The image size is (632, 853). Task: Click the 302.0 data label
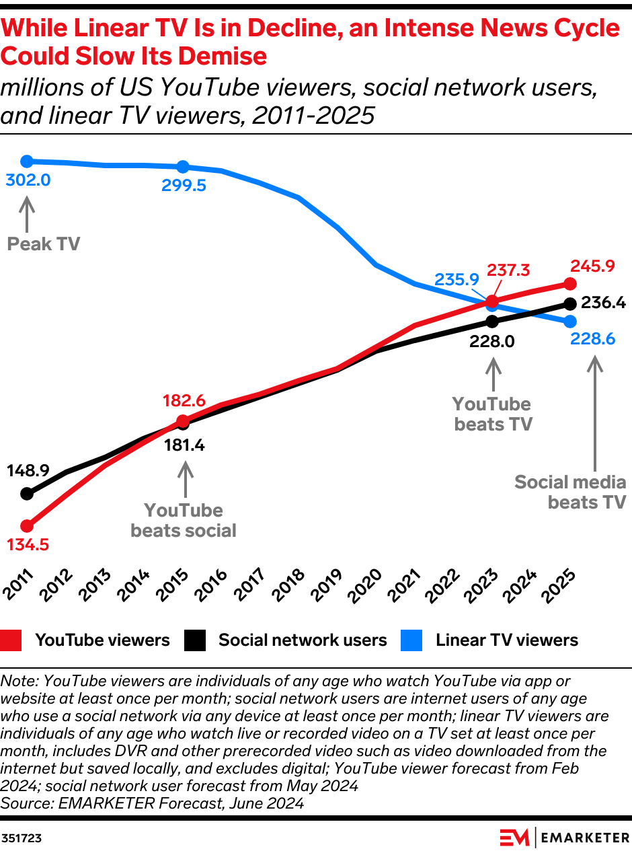[x=28, y=180]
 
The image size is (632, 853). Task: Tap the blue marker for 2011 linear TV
[x=27, y=161]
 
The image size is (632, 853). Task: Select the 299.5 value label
[x=184, y=186]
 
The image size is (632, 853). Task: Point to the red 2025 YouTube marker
[x=569, y=283]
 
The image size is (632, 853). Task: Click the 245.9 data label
[x=592, y=266]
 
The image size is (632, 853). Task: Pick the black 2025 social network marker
[x=569, y=303]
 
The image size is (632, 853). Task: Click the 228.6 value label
[x=592, y=339]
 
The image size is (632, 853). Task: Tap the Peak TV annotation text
[x=43, y=244]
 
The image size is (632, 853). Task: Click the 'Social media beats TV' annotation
[x=571, y=492]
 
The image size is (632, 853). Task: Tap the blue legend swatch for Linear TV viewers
[x=411, y=640]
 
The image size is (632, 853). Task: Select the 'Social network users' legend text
[x=303, y=640]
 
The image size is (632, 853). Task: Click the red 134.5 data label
[x=28, y=544]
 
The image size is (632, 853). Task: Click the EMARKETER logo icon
[x=514, y=838]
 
